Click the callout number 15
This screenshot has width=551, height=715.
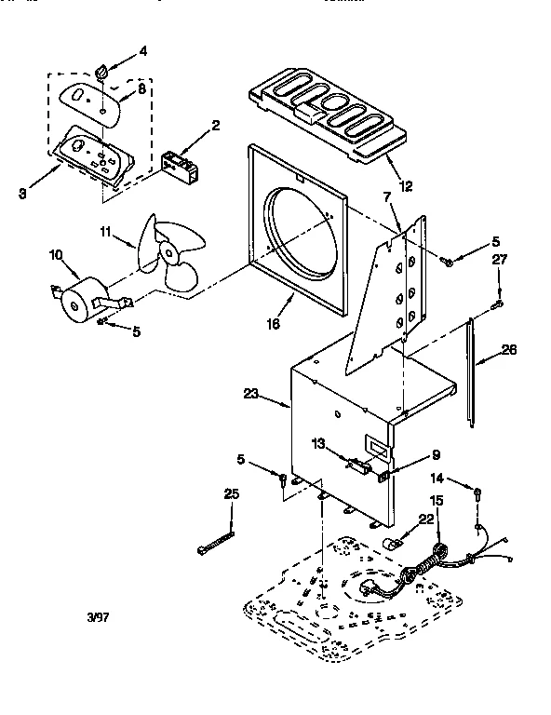[436, 502]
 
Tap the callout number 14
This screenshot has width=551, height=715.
[437, 479]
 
